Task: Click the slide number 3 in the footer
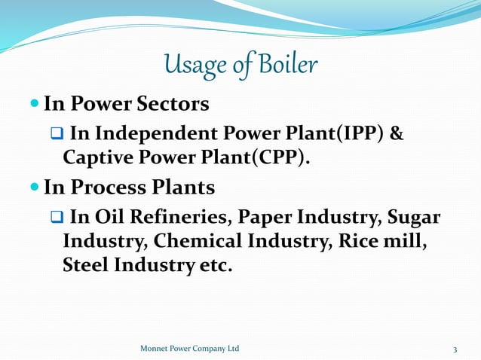click(455, 349)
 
